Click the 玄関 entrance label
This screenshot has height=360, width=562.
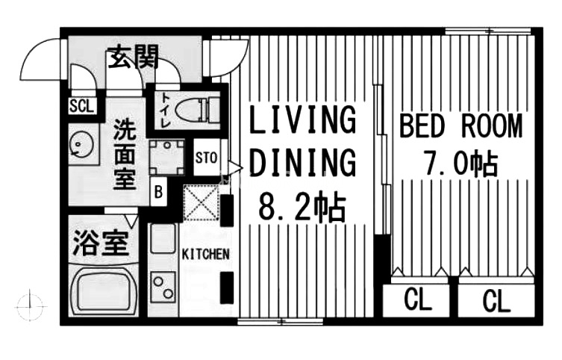(x=133, y=58)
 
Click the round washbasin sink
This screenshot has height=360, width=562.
(x=81, y=144)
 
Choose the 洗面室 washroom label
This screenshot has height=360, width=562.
(x=125, y=155)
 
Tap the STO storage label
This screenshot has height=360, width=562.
(x=206, y=158)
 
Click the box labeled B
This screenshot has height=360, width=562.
(x=158, y=192)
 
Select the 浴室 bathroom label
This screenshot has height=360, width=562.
(x=101, y=243)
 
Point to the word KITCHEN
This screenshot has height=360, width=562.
(x=205, y=254)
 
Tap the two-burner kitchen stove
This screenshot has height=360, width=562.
(x=163, y=288)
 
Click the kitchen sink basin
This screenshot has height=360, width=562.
(x=163, y=238)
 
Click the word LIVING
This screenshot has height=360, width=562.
(x=302, y=120)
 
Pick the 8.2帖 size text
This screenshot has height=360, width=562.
(x=302, y=208)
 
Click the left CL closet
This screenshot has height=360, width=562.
(x=416, y=300)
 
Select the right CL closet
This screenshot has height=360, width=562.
(x=496, y=300)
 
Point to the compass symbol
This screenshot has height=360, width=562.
(x=31, y=306)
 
